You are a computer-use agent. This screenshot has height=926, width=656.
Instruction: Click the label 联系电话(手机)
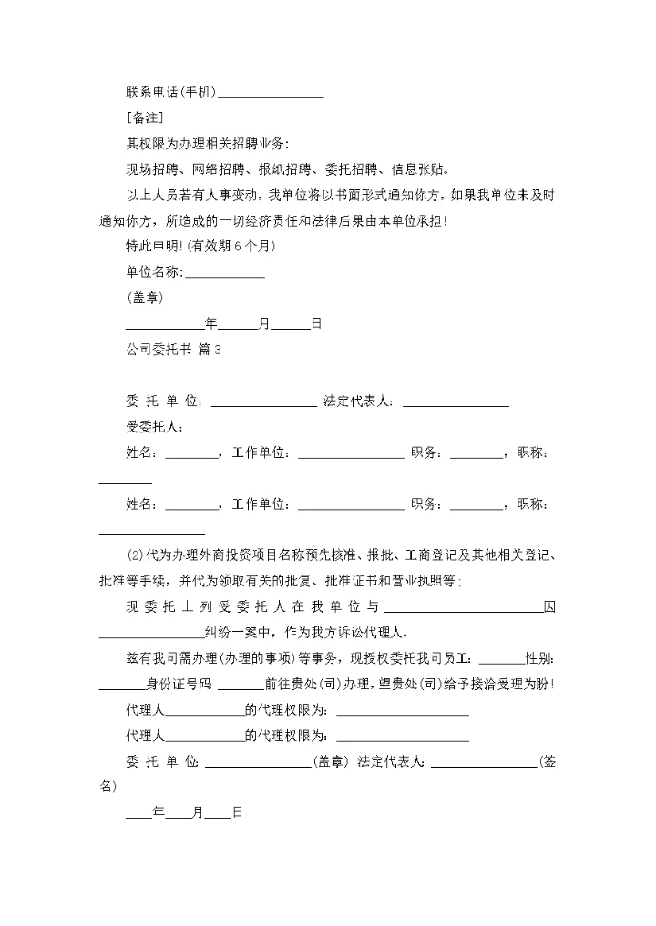(x=170, y=93)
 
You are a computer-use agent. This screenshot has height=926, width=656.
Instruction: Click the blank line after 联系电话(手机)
(x=271, y=95)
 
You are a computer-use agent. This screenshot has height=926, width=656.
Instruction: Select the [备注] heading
(x=144, y=118)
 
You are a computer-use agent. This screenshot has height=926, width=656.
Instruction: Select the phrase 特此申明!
(x=156, y=246)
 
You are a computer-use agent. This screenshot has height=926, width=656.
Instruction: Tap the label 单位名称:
(x=154, y=272)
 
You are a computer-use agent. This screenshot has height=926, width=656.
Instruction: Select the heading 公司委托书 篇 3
(x=173, y=349)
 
